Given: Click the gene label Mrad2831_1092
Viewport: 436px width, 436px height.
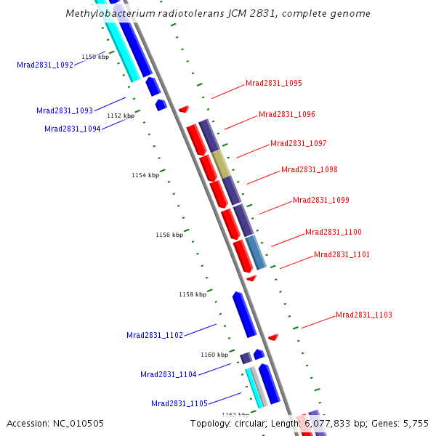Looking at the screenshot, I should [x=45, y=65].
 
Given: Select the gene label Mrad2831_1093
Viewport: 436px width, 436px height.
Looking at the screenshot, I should [x=65, y=110].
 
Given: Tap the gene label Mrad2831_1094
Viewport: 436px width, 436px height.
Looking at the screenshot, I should [x=73, y=129].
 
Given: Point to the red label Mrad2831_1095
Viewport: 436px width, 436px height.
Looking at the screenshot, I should [x=274, y=83].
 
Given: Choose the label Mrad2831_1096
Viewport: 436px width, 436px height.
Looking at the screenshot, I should [x=287, y=114].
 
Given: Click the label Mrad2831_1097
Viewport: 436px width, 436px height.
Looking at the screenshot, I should [x=299, y=143].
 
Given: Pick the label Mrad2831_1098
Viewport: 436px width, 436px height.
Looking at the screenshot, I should [x=310, y=169].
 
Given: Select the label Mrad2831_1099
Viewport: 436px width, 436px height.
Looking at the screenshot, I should [x=321, y=200].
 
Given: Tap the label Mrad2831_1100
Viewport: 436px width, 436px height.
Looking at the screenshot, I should [x=334, y=232].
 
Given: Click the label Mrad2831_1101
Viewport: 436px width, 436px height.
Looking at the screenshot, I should [x=342, y=254].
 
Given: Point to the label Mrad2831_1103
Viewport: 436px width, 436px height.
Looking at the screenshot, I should [x=364, y=315].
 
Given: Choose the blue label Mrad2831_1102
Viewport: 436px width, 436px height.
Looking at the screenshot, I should [x=155, y=335].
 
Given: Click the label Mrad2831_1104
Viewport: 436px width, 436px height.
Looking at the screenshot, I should [x=169, y=374].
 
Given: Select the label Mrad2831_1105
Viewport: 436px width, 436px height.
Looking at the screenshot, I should [x=179, y=403].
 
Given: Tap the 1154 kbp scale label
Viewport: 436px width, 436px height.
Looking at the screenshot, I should [x=145, y=175].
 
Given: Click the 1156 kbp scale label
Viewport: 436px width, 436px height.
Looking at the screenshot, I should [x=169, y=235].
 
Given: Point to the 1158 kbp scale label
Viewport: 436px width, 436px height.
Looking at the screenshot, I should [x=193, y=294].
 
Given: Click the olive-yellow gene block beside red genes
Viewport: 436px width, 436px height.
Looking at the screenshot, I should [x=222, y=164].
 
